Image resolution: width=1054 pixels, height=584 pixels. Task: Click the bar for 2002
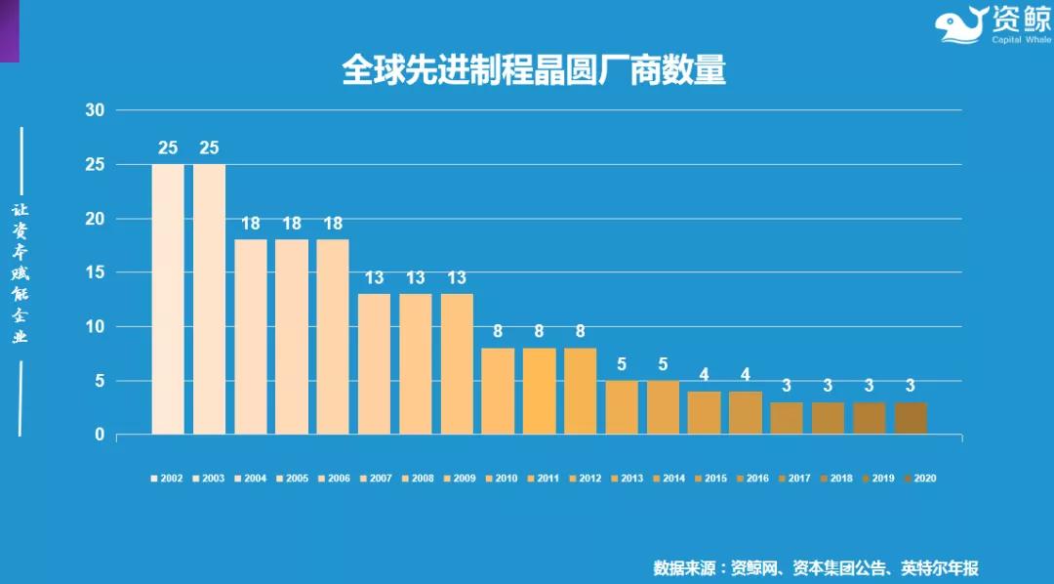click(168, 299)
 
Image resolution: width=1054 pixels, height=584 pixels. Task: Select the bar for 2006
click(333, 336)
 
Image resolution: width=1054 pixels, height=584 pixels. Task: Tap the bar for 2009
click(457, 363)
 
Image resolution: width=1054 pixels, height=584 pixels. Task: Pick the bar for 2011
click(539, 391)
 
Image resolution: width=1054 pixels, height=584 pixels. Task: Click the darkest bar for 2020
click(911, 418)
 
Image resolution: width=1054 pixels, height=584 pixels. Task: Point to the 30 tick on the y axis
click(95, 110)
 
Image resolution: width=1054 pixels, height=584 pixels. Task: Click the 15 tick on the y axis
click(95, 272)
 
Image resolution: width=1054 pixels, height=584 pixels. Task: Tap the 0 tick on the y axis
click(100, 435)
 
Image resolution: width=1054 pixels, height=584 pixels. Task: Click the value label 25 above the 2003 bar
click(209, 148)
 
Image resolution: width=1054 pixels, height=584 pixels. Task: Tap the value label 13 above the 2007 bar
click(374, 278)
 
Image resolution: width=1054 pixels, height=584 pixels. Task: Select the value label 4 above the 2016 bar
click(746, 375)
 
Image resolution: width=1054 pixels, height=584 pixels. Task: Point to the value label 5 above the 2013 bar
click(622, 364)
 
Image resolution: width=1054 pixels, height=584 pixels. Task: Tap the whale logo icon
click(960, 24)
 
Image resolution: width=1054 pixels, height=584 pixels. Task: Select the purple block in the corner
click(9, 30)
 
